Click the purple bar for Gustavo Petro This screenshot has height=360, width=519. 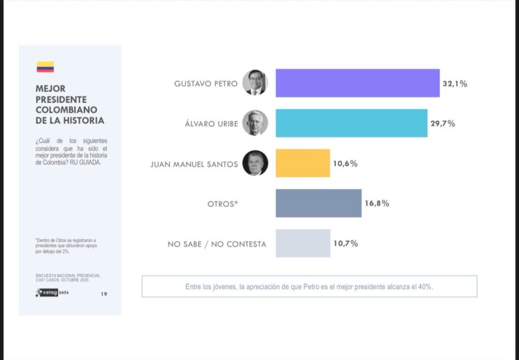357,83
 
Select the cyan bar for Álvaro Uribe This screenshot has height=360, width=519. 351,123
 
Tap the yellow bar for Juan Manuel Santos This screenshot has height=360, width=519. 303,163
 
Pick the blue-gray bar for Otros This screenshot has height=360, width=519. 318,203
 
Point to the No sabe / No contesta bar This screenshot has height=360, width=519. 303,243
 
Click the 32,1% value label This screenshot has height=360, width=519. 455,84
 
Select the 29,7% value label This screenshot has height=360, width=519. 442,124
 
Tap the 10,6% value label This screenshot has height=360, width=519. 346,164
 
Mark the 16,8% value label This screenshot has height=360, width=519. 377,203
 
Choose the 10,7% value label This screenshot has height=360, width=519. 346,243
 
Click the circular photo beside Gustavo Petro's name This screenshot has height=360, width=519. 255,83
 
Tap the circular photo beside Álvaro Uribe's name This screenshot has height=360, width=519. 255,123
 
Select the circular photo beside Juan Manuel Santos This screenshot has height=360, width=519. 255,163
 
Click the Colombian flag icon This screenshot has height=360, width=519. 45,67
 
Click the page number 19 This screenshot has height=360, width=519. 103,294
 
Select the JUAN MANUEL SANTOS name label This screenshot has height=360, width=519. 194,164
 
